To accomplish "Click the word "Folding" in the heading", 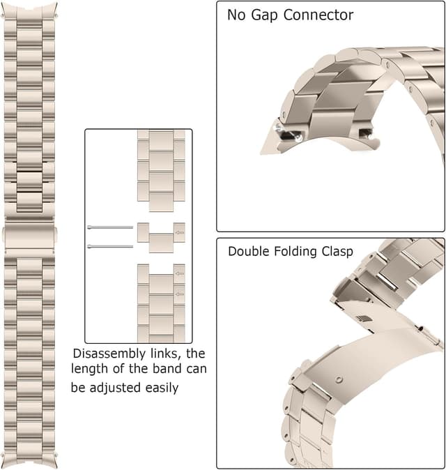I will (x=302, y=252).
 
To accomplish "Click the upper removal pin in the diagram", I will (x=110, y=227).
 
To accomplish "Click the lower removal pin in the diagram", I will (x=110, y=246).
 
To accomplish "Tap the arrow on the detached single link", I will (x=180, y=233).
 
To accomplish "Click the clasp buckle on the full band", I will (x=29, y=236).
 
